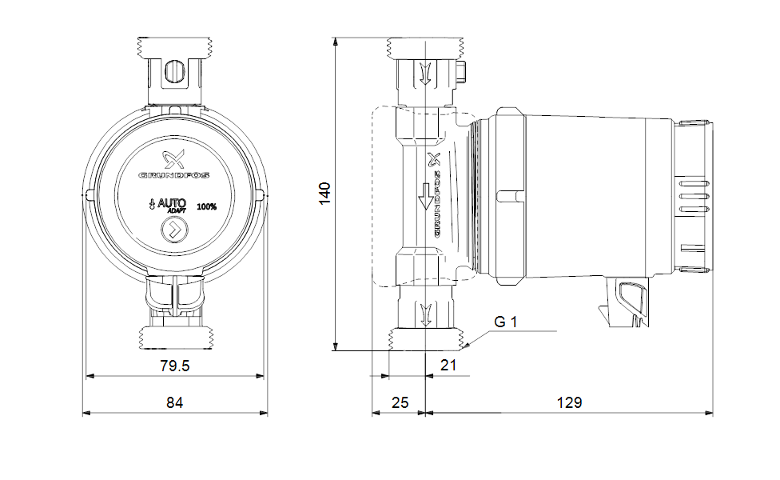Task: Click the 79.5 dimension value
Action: (174, 366)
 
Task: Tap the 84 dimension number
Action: (174, 402)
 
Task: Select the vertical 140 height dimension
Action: (324, 193)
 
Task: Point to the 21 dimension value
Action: (448, 366)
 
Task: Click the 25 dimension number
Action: (400, 402)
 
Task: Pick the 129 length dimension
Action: (569, 402)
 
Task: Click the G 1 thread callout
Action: (505, 322)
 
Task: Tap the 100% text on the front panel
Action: (206, 206)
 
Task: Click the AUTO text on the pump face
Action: (172, 203)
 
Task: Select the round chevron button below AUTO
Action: (174, 230)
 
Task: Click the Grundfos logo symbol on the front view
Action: (173, 159)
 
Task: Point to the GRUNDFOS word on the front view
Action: (173, 175)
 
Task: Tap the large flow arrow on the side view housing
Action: (425, 196)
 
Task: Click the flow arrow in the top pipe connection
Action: (425, 74)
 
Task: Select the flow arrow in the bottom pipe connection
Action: (425, 314)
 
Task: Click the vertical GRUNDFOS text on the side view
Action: (437, 205)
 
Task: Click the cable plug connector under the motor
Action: (625, 302)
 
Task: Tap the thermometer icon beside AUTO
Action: (152, 204)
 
